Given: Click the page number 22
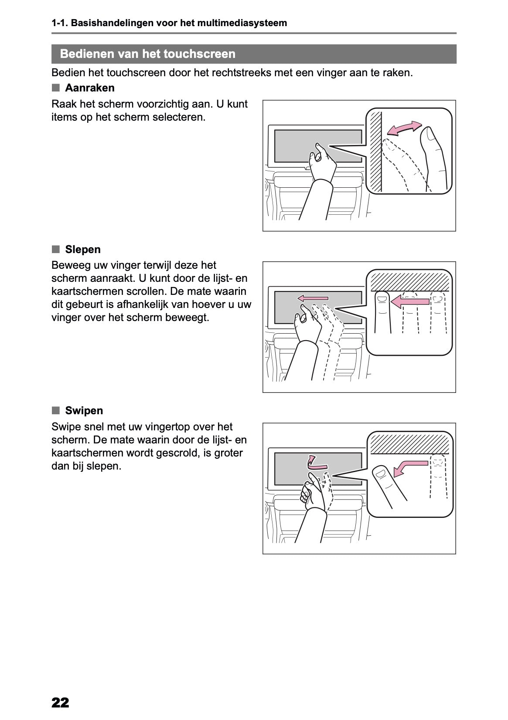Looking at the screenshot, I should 60,703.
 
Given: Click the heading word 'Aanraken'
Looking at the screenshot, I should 89,88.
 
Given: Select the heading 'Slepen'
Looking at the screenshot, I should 82,250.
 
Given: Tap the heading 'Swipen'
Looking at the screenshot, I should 84,411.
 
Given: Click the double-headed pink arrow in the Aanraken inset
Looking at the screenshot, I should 405,128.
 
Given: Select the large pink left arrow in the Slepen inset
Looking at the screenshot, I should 409,301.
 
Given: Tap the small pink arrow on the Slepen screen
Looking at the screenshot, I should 313,298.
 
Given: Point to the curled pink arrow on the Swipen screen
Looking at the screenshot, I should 311,462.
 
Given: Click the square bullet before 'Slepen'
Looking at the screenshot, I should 55,249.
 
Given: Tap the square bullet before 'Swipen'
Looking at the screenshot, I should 55,410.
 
